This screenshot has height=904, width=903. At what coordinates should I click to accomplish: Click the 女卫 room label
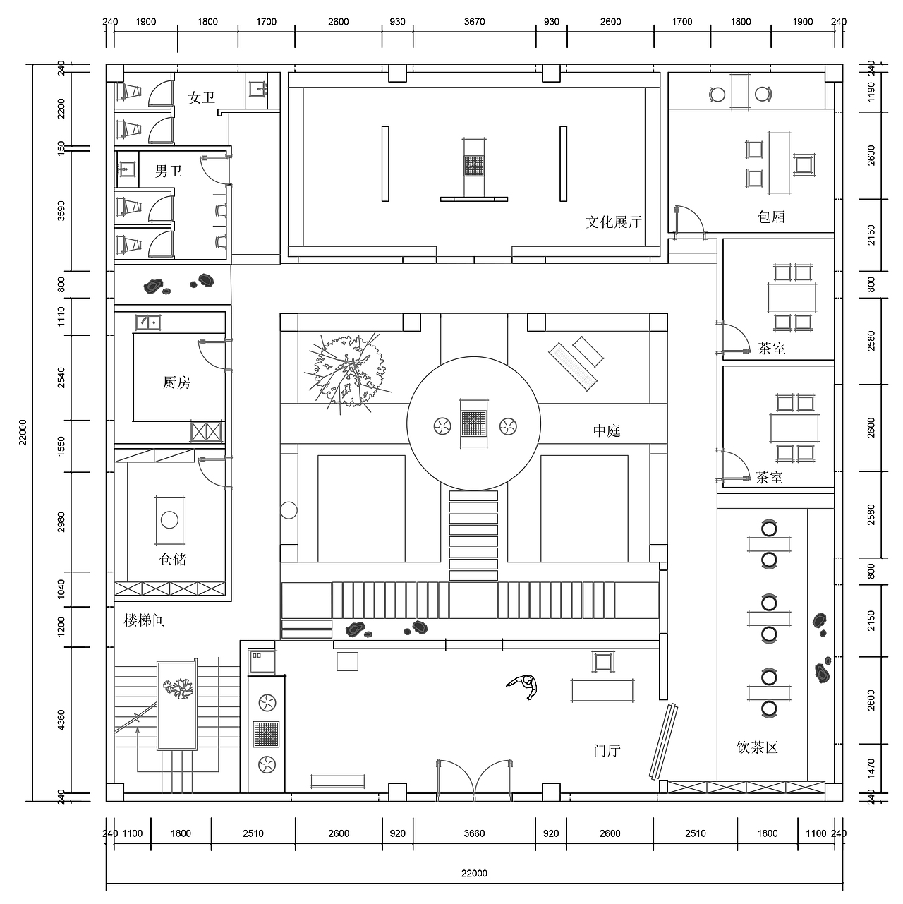click(x=202, y=98)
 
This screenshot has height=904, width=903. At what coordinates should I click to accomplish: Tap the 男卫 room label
click(x=169, y=171)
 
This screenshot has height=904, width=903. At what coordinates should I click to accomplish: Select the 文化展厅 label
click(x=614, y=222)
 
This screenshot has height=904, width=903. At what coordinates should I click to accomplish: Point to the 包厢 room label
click(x=771, y=217)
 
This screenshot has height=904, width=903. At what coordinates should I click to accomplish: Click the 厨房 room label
click(x=177, y=382)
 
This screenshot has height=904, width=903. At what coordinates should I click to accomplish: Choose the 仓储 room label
click(x=173, y=559)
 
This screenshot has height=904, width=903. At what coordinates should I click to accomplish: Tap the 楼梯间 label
click(x=145, y=620)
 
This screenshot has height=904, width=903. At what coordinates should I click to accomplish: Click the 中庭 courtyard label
click(x=607, y=430)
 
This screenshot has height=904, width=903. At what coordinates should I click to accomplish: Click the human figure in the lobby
click(x=523, y=687)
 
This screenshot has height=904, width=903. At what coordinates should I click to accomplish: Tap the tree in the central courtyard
click(x=346, y=370)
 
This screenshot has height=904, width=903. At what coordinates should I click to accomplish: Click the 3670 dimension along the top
click(x=474, y=22)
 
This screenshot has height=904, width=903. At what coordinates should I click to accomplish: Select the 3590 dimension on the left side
click(x=61, y=210)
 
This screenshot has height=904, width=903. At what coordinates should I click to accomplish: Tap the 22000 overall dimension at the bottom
click(x=474, y=874)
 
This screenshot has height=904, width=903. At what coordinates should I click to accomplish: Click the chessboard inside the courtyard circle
click(x=474, y=423)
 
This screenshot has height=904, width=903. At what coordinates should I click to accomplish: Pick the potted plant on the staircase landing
click(x=178, y=689)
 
